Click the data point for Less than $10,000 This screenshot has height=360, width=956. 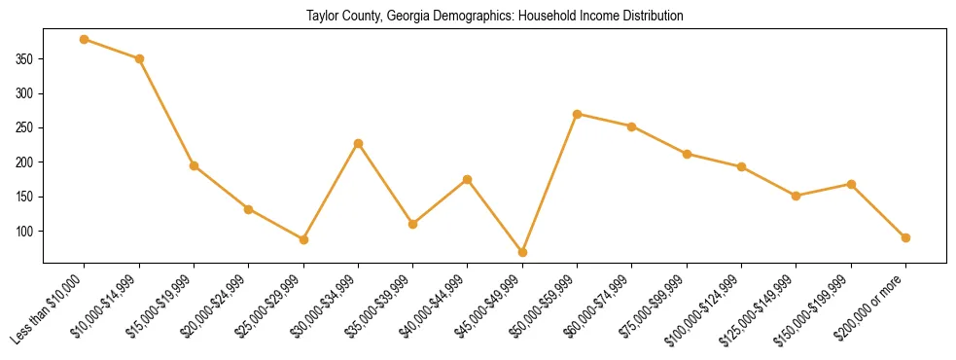(x=85, y=39)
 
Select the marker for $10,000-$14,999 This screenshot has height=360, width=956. (x=139, y=58)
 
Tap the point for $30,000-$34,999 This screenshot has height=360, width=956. (x=358, y=143)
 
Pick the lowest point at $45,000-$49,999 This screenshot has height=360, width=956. (x=522, y=252)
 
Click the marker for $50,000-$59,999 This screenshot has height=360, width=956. (x=577, y=114)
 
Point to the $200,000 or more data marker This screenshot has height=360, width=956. (x=905, y=237)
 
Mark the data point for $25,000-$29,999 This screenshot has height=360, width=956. (x=303, y=239)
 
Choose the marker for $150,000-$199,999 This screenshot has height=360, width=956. (x=851, y=184)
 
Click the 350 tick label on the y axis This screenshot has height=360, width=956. (x=25, y=59)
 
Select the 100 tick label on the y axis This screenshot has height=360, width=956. (x=25, y=232)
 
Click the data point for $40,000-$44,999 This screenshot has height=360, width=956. (x=468, y=179)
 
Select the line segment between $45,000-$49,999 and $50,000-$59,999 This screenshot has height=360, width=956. (x=549, y=183)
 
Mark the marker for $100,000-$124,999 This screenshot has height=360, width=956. (x=741, y=166)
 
